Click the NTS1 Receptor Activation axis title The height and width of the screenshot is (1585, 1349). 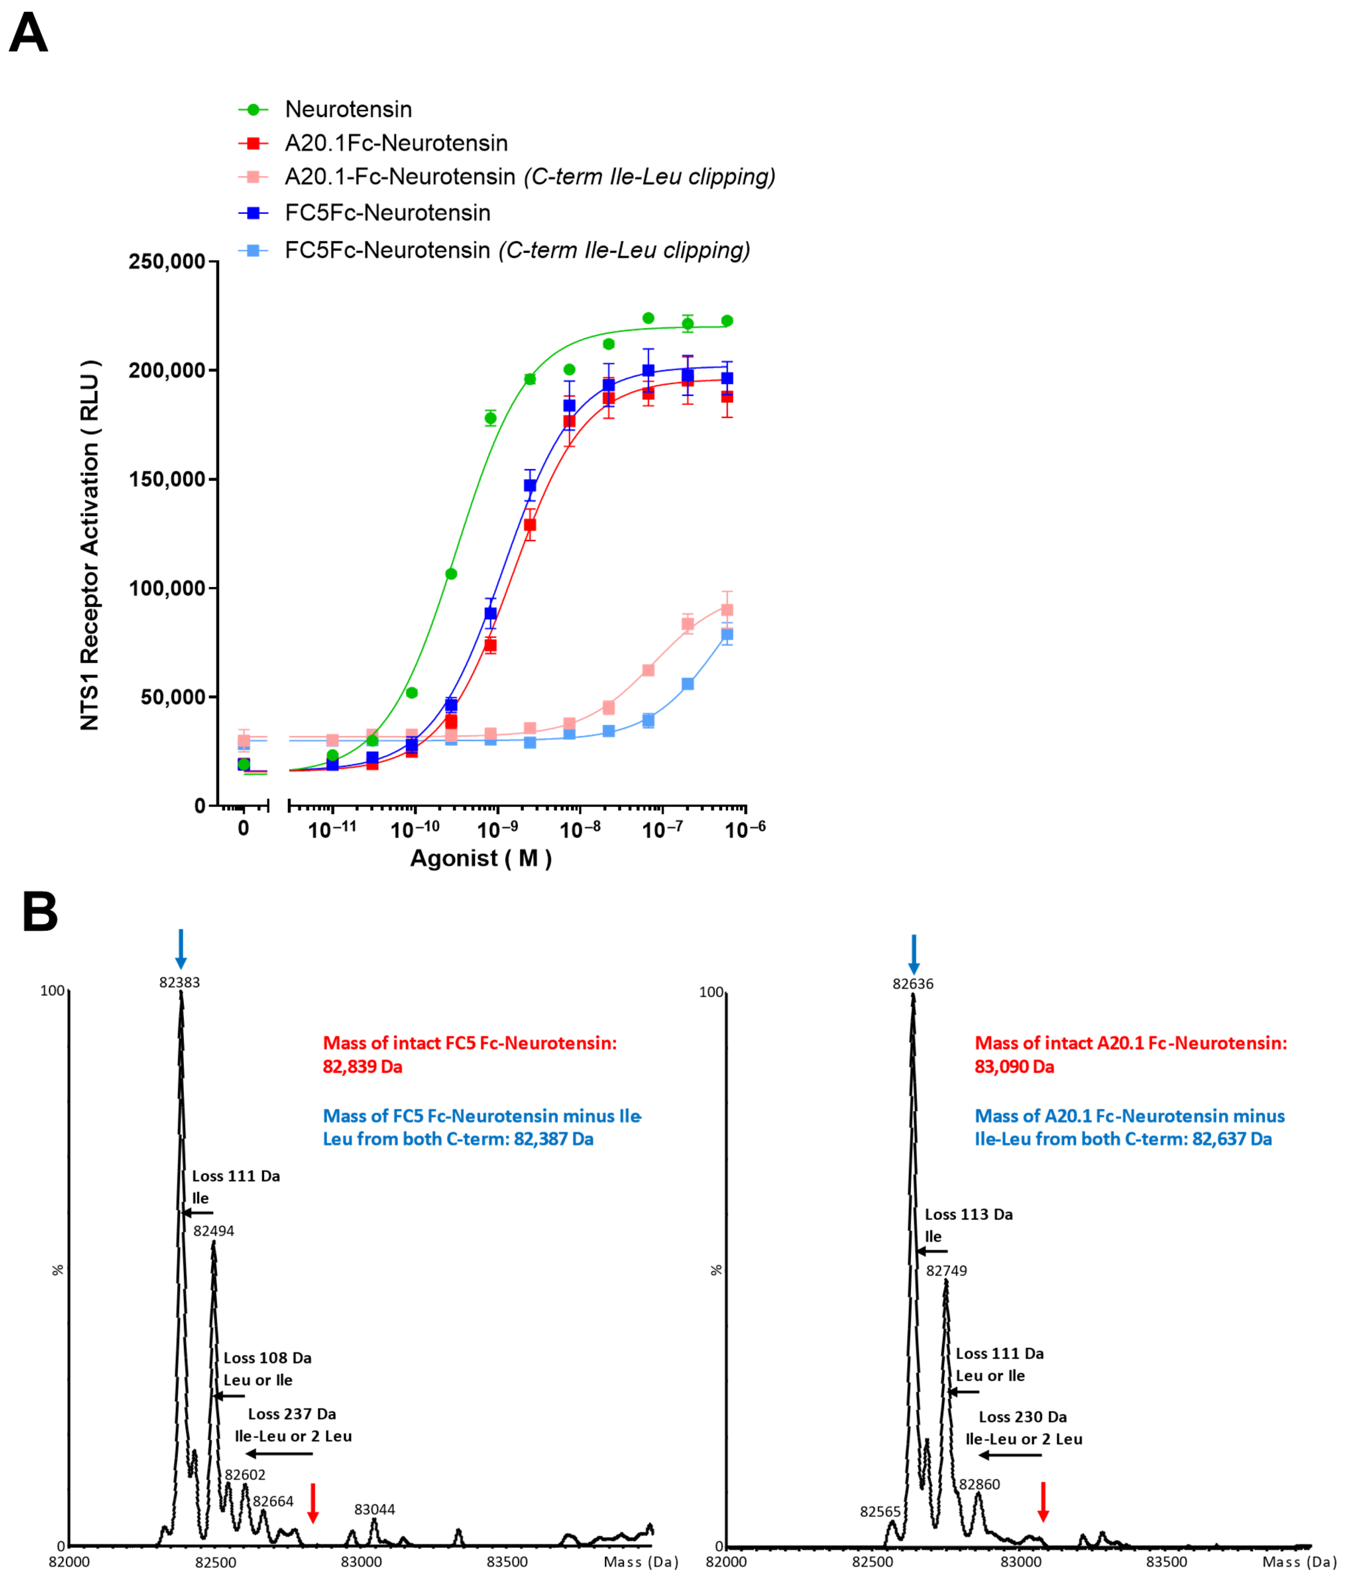(x=90, y=545)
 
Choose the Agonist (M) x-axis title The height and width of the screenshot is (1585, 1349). (x=481, y=858)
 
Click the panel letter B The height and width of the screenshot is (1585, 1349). (x=40, y=912)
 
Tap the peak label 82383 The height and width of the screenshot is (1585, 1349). (x=180, y=982)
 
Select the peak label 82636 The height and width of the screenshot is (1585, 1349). (x=913, y=984)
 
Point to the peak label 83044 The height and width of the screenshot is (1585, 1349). (x=375, y=1509)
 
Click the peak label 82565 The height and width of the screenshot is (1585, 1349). (x=880, y=1511)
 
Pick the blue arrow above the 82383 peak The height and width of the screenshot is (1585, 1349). (x=181, y=949)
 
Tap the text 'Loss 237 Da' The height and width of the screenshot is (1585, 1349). (x=292, y=1414)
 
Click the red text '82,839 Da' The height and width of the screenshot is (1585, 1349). (x=363, y=1067)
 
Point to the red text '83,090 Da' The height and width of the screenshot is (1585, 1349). (x=1014, y=1067)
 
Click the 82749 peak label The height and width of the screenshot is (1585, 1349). (x=947, y=1271)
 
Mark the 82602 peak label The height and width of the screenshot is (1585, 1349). (x=246, y=1475)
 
